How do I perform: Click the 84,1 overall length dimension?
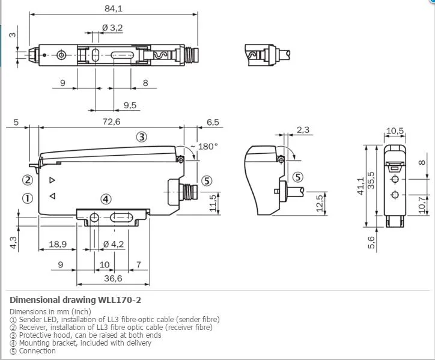click(113, 8)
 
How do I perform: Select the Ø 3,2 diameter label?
click(112, 28)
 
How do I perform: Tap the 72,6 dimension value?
click(112, 122)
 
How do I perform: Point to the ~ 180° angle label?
click(204, 146)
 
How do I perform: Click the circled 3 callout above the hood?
click(142, 137)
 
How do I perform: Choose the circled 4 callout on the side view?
click(106, 199)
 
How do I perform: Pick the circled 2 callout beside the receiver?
click(28, 180)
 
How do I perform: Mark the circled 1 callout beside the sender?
click(28, 198)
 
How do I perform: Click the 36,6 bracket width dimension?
click(113, 278)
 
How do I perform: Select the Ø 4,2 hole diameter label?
click(114, 244)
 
